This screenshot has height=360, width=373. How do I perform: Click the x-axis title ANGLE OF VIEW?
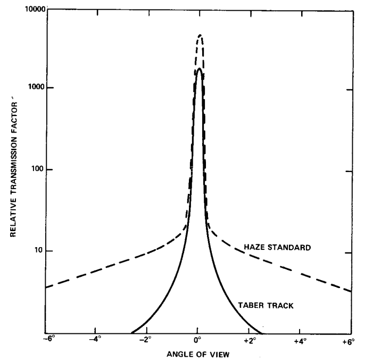[x=198, y=354]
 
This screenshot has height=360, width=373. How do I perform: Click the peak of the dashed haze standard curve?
[x=200, y=35]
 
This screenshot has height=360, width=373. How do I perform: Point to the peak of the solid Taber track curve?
[x=198, y=68]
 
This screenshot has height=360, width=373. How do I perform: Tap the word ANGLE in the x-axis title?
[x=178, y=354]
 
